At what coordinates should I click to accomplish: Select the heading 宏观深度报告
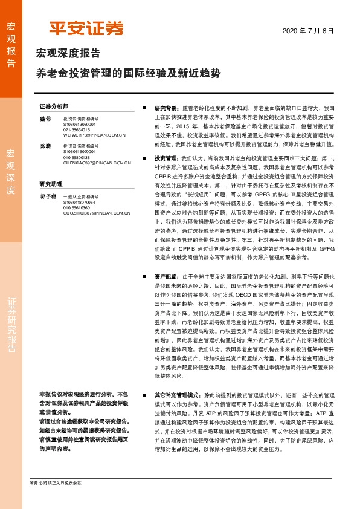(x=68, y=53)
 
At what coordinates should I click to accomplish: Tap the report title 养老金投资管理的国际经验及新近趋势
(x=128, y=73)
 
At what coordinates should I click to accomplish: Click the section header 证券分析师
(x=54, y=106)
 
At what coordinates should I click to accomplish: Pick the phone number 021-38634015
(x=77, y=129)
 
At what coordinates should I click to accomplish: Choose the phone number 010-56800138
(x=77, y=158)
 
